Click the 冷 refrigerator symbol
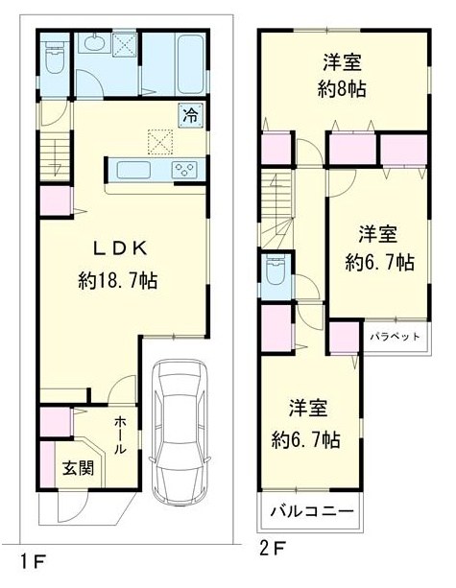pos(190,113)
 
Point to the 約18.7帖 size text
pos(118,281)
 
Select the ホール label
pos(121,436)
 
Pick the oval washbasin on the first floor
pos(95,43)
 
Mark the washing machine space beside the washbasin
pos(124,44)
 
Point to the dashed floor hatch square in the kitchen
pos(158,141)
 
